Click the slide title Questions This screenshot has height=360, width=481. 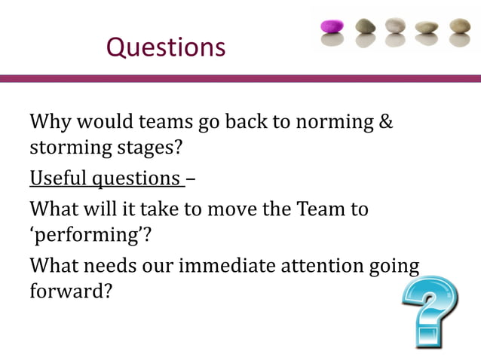[166, 47]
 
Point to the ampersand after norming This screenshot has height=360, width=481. [384, 121]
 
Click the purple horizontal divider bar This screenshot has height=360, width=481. [240, 78]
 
